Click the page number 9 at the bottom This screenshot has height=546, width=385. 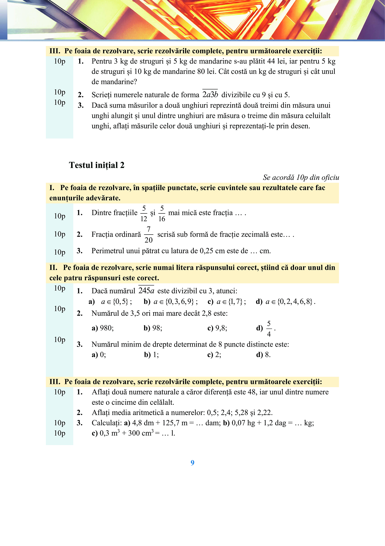click(192, 463)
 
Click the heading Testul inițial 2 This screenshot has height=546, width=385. click(97, 165)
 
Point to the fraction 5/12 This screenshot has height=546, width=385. click(144, 213)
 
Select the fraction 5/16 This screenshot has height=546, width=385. click(162, 213)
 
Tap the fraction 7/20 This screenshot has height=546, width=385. click(149, 235)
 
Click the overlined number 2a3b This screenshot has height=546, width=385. click(210, 95)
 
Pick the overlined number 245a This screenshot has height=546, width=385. click(146, 291)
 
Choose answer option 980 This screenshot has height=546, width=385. click(106, 328)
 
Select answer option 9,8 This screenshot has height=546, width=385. click(221, 328)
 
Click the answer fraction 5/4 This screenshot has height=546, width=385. click(269, 329)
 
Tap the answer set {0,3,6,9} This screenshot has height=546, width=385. click(181, 301)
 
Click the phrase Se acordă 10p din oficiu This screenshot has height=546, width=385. click(301, 178)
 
